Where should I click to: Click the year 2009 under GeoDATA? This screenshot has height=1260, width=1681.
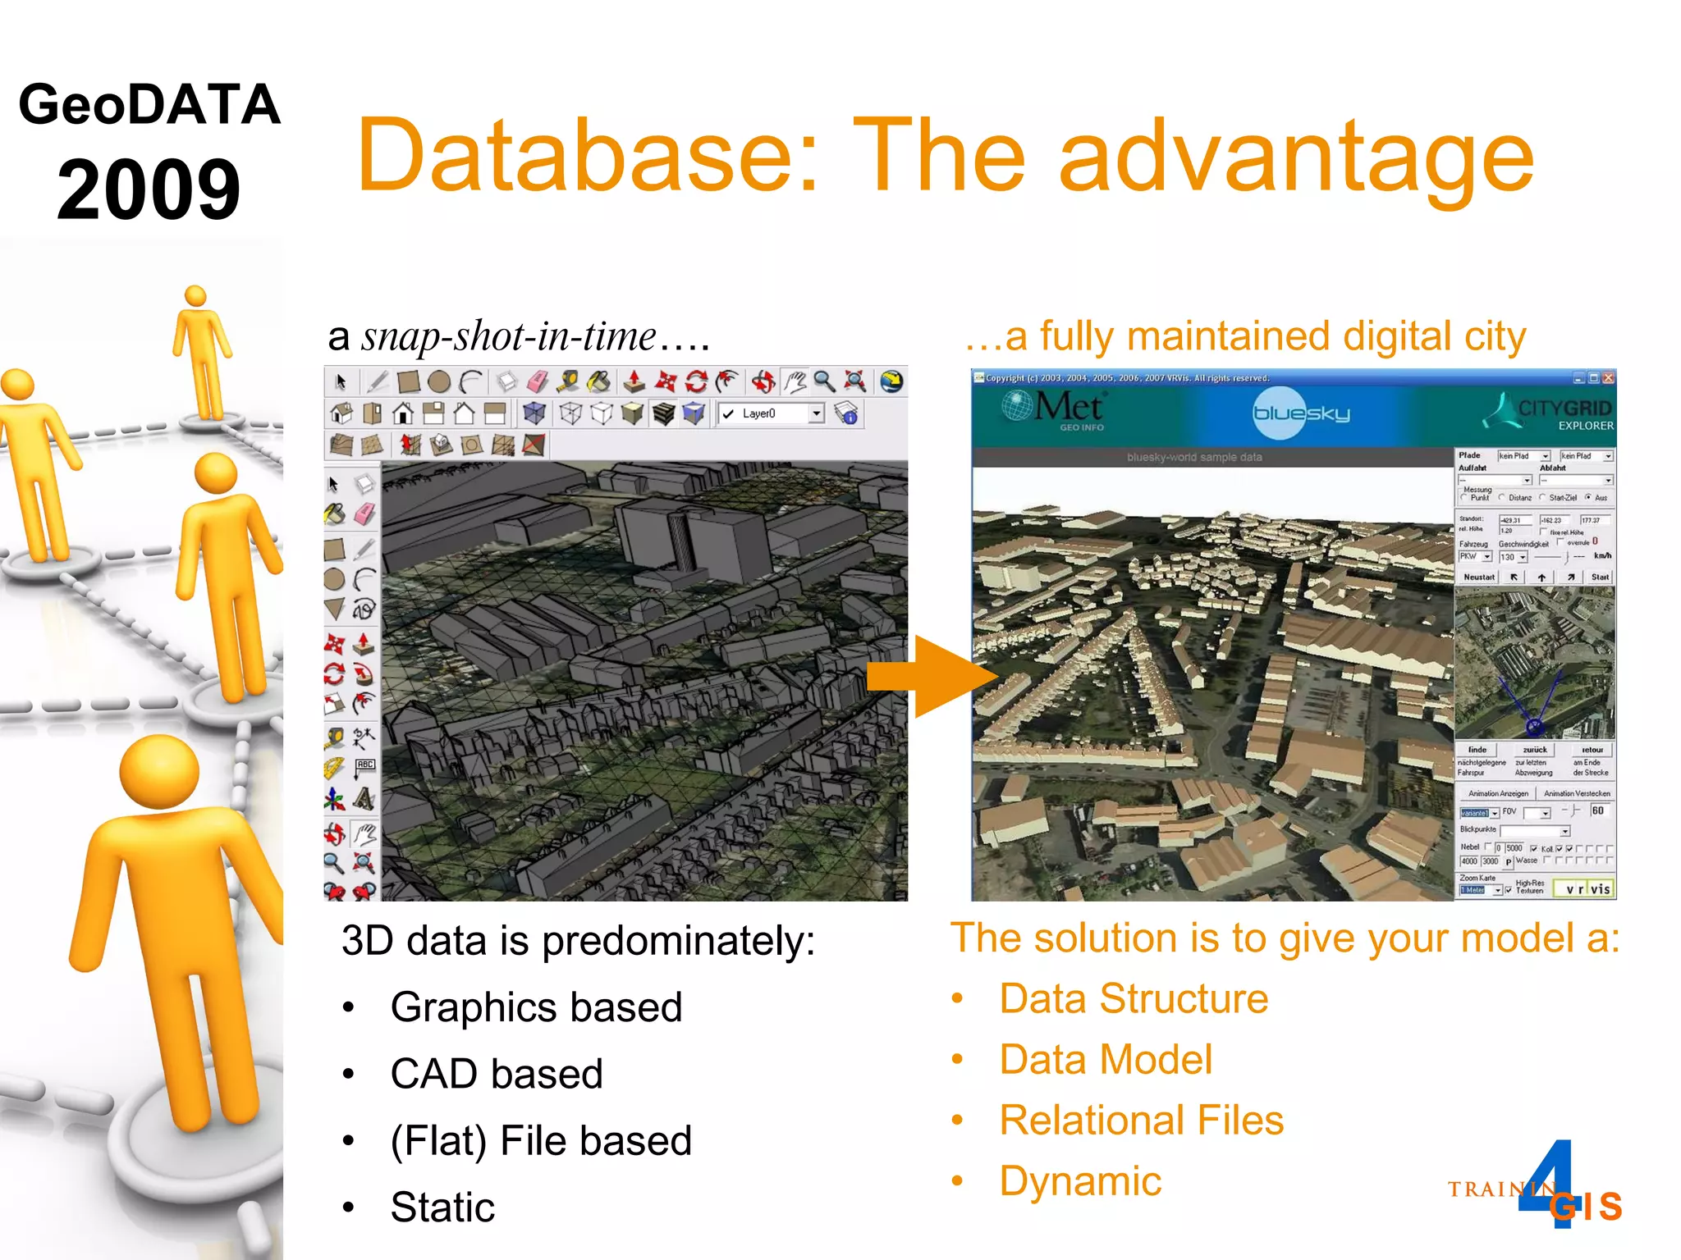pyautogui.click(x=149, y=189)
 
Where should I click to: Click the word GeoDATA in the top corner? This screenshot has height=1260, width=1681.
pyautogui.click(x=149, y=105)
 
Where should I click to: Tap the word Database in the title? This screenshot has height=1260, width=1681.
pyautogui.click(x=588, y=155)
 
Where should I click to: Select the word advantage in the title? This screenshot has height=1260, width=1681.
pyautogui.click(x=1296, y=155)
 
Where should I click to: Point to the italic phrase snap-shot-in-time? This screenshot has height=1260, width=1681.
pyautogui.click(x=509, y=336)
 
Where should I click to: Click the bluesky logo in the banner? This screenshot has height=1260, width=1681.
pyautogui.click(x=1301, y=413)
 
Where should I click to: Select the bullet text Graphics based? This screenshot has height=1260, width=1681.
pyautogui.click(x=536, y=1007)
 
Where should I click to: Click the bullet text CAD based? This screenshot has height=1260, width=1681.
pyautogui.click(x=497, y=1074)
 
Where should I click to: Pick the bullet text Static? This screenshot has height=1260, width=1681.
pyautogui.click(x=442, y=1207)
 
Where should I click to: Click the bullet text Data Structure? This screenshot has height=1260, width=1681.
pyautogui.click(x=1134, y=999)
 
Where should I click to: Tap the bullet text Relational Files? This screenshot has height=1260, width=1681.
pyautogui.click(x=1141, y=1121)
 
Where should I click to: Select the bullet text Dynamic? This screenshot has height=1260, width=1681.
pyautogui.click(x=1080, y=1181)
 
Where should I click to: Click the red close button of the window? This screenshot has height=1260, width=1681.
pyautogui.click(x=1608, y=378)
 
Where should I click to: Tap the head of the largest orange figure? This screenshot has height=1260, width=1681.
pyautogui.click(x=159, y=772)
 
